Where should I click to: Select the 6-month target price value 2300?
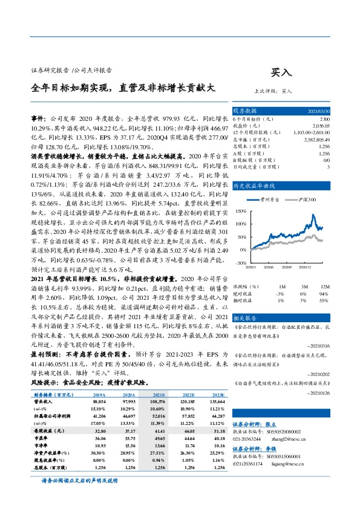click(324, 119)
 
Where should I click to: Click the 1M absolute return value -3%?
click(282, 292)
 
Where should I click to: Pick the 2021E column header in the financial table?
click(159, 394)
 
